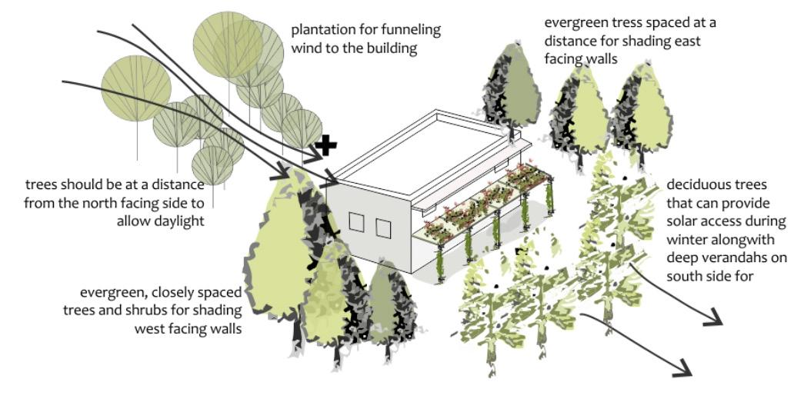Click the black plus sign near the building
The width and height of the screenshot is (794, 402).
tap(325, 145)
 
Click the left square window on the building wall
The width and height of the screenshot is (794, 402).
tap(356, 222)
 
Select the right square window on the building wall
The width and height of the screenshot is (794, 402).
tap(383, 228)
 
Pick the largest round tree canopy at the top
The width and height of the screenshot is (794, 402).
tap(228, 45)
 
